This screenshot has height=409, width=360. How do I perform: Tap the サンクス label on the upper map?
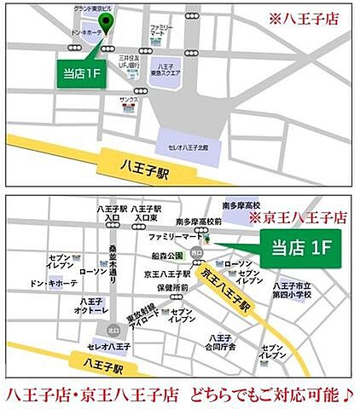point(129,100)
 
